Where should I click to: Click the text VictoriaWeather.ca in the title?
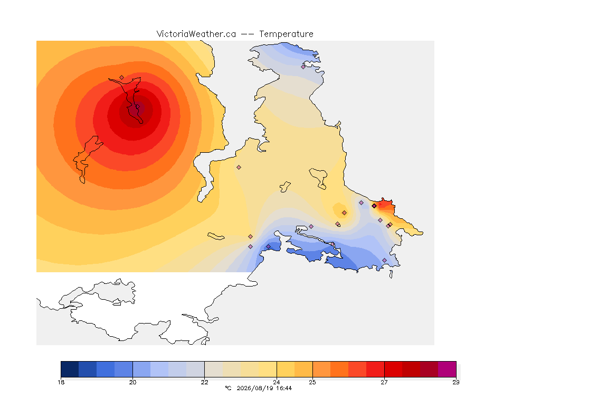tap(196, 34)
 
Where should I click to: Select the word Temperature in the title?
tap(286, 34)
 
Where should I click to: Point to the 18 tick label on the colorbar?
tap(61, 382)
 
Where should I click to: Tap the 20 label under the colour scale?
tap(132, 382)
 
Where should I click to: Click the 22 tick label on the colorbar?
tap(204, 382)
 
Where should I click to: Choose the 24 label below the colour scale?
tap(277, 382)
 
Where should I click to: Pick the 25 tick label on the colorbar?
tap(312, 382)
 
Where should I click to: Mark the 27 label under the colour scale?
tap(384, 382)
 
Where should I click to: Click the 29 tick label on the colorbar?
tap(456, 382)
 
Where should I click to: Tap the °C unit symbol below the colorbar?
tap(228, 388)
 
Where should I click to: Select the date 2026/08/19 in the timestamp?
tap(254, 388)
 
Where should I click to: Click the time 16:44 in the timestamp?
tap(284, 388)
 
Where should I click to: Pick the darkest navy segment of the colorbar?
tap(70, 369)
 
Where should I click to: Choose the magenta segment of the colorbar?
tap(447, 369)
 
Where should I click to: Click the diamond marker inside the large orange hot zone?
tap(122, 78)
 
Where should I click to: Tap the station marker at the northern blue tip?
tap(303, 67)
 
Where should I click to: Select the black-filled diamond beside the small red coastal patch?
tap(374, 206)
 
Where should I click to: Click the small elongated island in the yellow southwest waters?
tap(216, 236)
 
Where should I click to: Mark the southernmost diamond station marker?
tap(385, 260)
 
